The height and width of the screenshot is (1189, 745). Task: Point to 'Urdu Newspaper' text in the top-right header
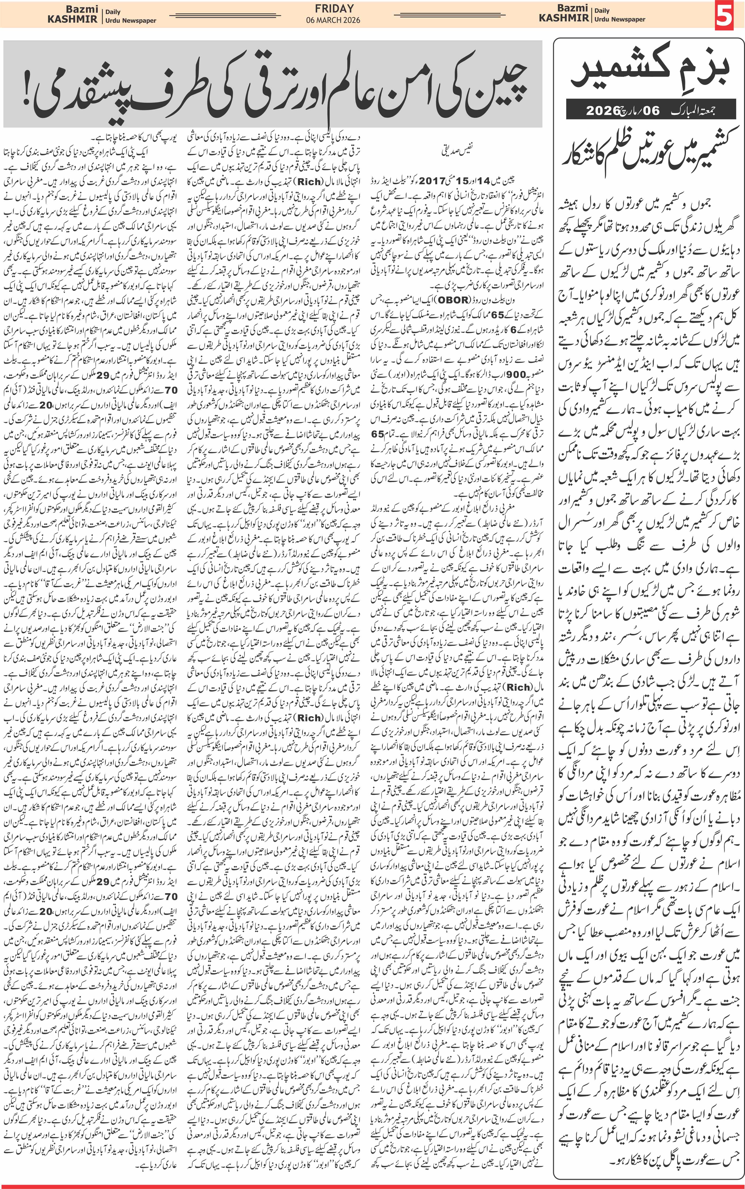tap(619, 19)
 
